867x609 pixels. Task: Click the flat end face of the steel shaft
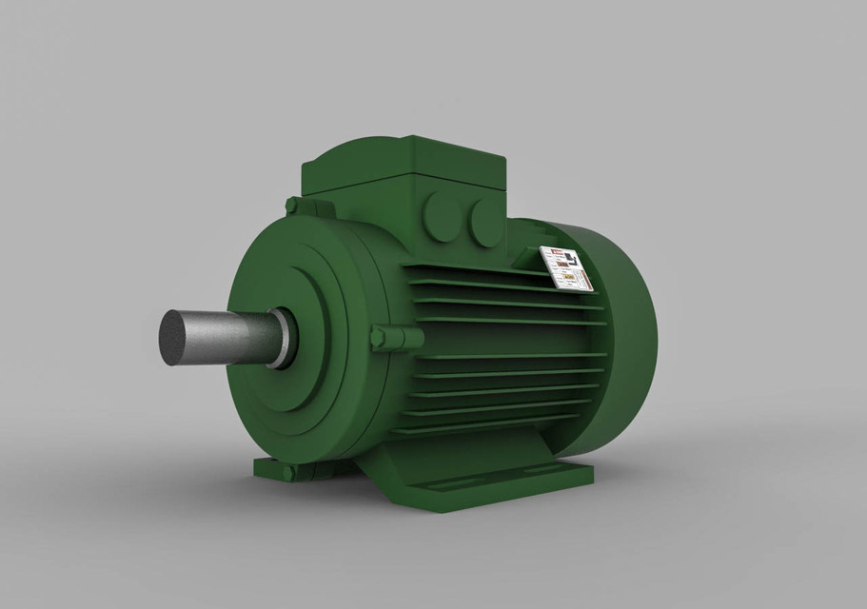175,338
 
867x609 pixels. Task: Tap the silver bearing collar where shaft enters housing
284,339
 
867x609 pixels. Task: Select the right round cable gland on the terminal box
484,222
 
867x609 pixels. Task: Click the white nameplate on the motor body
566,268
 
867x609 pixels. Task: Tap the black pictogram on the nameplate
568,259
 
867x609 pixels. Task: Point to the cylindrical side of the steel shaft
228,336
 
